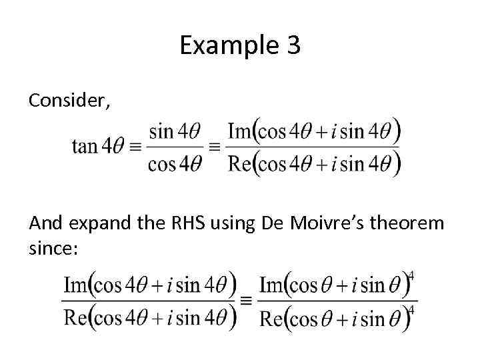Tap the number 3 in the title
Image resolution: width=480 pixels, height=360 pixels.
tap(293, 45)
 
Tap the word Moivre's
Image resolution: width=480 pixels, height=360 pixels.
tap(323, 225)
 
